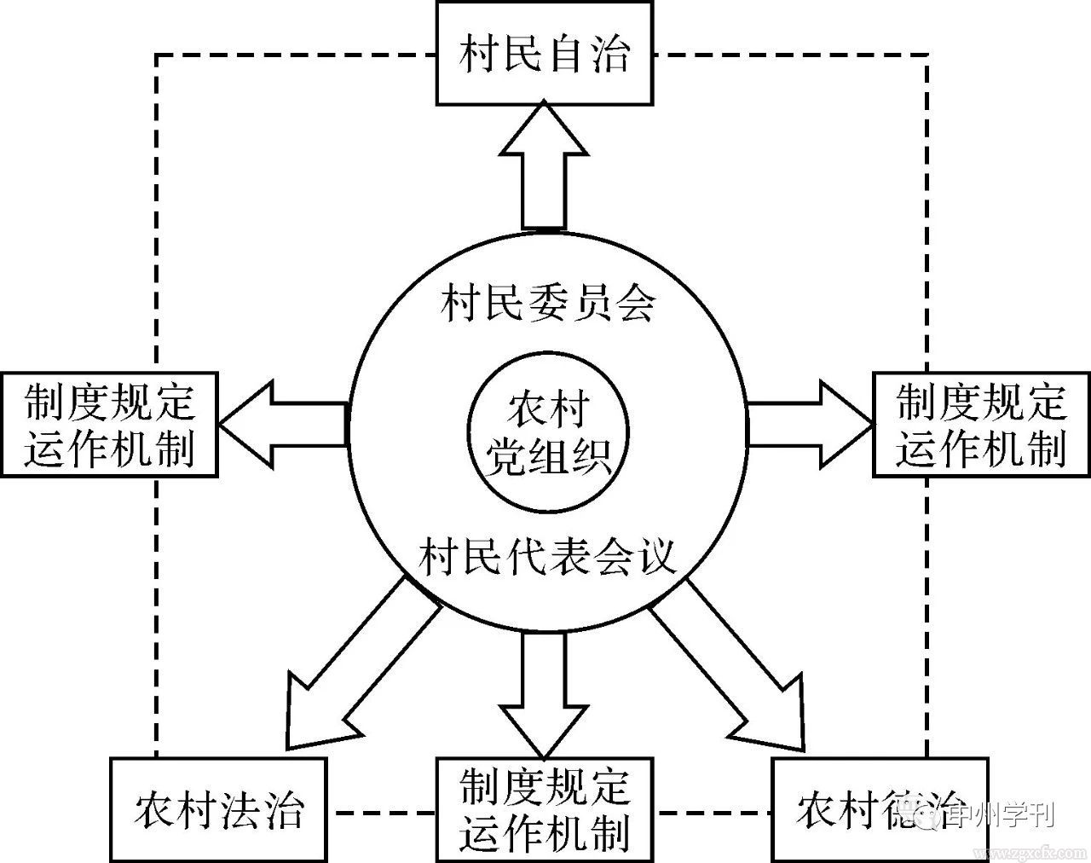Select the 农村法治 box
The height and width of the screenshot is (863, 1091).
pos(219,808)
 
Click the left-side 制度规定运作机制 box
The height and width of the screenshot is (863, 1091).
pos(109,424)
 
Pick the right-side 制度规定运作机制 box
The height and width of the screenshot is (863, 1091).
pos(981,424)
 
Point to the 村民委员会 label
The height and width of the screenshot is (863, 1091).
pos(547,303)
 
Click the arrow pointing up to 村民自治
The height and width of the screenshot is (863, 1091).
pos(544,171)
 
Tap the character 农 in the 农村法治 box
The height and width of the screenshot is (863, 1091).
pos(154,809)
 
